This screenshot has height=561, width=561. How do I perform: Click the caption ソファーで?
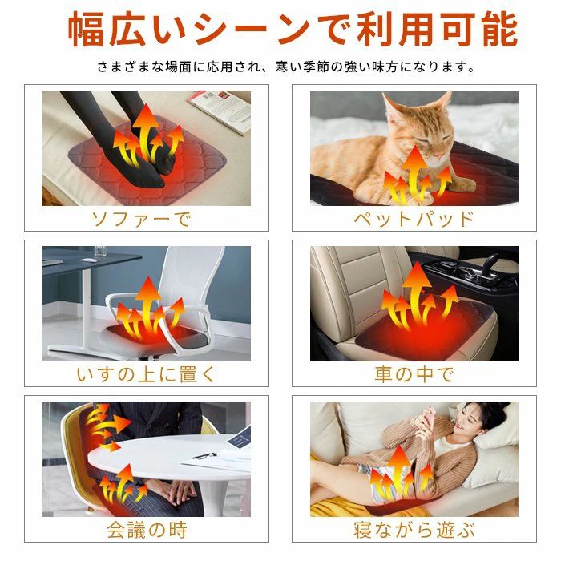point(141,218)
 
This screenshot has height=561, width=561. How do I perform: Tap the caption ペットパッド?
point(414,218)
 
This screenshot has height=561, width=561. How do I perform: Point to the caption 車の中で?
point(414,373)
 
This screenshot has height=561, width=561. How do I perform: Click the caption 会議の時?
point(142,529)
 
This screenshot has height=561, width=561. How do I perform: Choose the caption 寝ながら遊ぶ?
point(414,529)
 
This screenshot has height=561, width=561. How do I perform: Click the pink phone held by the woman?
point(429,418)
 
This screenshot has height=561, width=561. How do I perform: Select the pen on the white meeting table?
point(205,455)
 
